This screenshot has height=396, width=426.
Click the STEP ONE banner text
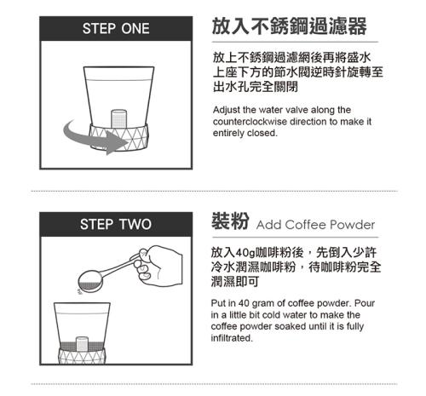coord(116,28)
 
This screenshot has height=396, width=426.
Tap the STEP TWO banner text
coord(116,224)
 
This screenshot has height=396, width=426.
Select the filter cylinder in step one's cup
coord(118,118)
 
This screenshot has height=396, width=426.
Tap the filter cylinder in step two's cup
coord(82,344)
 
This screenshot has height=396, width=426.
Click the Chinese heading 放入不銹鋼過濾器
coord(290,26)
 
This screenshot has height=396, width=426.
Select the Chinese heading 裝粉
coord(230,221)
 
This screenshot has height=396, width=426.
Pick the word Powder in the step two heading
coord(352,225)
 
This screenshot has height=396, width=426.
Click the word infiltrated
coord(232,338)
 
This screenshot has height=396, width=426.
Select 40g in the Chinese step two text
coord(245,252)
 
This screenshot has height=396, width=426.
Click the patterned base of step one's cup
coord(118,137)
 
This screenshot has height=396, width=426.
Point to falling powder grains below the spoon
coord(80,291)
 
